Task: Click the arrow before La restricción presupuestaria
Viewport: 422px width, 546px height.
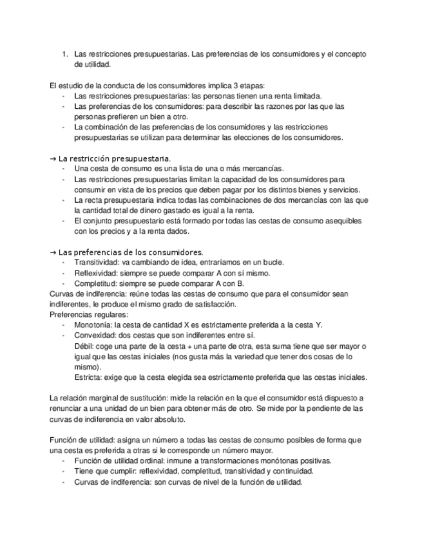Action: (x=52, y=158)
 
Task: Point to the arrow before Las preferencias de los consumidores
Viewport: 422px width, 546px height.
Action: (x=52, y=252)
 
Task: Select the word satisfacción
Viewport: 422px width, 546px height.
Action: (x=211, y=304)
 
